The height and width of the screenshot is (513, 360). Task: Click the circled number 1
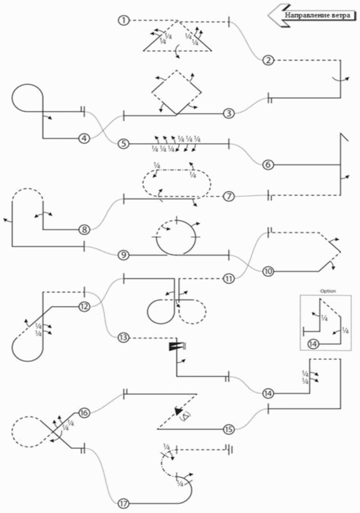tap(124, 20)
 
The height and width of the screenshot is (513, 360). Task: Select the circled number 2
tap(267, 61)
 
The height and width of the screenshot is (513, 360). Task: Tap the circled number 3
tap(228, 114)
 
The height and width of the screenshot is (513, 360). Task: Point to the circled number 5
tap(124, 144)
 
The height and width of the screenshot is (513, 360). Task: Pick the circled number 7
tap(228, 196)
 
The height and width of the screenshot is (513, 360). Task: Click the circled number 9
tap(124, 255)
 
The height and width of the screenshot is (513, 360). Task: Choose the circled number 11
tap(228, 279)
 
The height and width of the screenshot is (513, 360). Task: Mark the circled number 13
tap(124, 338)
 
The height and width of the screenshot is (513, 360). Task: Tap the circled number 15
tap(228, 429)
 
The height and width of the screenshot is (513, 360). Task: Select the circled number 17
tap(124, 504)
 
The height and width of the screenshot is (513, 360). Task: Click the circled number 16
tap(84, 413)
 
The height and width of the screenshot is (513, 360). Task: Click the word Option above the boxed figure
tap(328, 291)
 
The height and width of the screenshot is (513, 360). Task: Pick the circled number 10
tap(267, 271)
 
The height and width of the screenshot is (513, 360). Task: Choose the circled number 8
tap(84, 229)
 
